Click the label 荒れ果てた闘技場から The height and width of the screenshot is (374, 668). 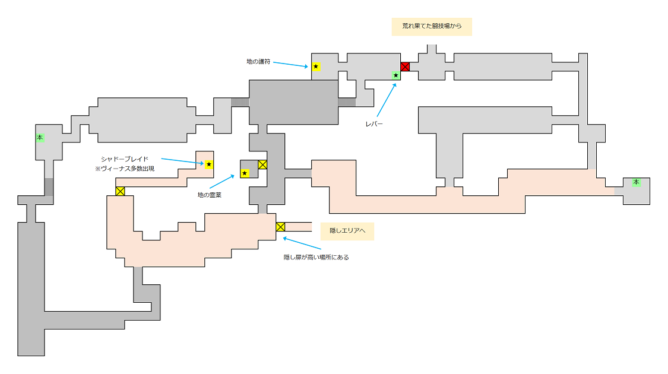tap(432, 26)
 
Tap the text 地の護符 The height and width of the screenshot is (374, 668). tap(258, 61)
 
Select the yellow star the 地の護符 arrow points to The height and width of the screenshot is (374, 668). tap(316, 66)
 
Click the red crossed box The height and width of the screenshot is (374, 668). tap(405, 66)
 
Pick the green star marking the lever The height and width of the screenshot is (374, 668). tap(396, 75)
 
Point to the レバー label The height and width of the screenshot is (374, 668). tap(375, 124)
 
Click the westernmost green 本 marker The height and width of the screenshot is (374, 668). tap(40, 137)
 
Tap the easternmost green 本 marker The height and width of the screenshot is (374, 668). tap(637, 182)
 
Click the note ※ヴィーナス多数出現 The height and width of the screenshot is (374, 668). tap(125, 169)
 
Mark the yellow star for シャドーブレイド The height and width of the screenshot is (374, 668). tap(209, 164)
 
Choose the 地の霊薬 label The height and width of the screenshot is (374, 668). tap(209, 195)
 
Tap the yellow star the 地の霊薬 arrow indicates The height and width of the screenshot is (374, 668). tap(245, 173)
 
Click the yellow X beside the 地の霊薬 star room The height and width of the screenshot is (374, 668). tap(262, 164)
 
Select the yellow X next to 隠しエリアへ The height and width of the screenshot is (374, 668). tap(280, 226)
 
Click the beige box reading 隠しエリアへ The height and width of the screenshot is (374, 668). tap(347, 231)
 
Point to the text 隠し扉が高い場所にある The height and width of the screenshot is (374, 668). tap(316, 257)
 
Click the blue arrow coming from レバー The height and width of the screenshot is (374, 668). tap(387, 100)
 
